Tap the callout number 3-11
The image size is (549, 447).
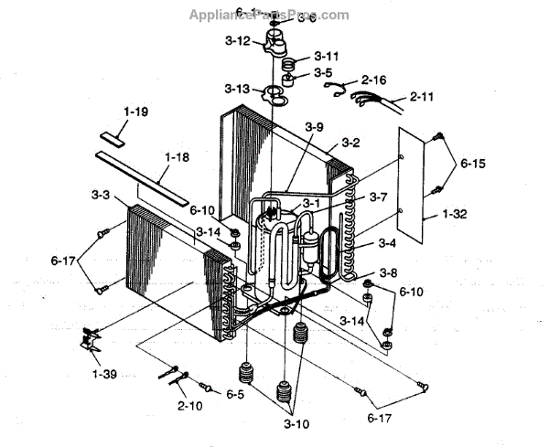[327, 55]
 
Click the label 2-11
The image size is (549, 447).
[422, 95]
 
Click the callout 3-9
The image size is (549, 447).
[315, 127]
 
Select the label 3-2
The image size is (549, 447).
[350, 144]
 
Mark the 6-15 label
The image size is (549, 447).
[473, 164]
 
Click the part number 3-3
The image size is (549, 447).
[102, 196]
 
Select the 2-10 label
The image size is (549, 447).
[191, 404]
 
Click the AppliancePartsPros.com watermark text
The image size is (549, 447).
[268, 15]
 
